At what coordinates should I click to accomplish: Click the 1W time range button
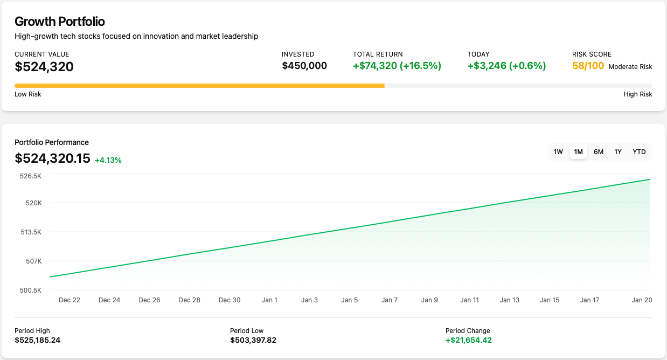coord(558,152)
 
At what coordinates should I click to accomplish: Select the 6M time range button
coord(599,152)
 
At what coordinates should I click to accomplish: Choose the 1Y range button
coord(618,152)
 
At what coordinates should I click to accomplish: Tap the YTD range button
coord(639,152)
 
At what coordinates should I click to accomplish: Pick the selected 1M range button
coord(579,152)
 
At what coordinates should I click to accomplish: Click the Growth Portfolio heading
coord(59,22)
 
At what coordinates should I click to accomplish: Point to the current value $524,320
coord(44,67)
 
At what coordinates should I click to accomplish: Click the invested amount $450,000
coord(304,66)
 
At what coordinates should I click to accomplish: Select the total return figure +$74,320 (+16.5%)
coord(397,66)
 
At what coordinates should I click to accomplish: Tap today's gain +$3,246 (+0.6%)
coord(506,66)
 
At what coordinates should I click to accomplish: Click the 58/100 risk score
coord(588,66)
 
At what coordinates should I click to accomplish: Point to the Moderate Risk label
coord(630,67)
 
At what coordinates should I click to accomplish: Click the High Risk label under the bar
coord(638,94)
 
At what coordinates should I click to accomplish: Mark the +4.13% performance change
coord(108,160)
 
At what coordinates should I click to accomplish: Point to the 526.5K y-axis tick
coord(30,176)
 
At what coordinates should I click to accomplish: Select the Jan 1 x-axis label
coord(269,300)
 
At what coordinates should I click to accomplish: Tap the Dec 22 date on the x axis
coord(70,300)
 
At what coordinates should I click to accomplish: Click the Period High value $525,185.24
coord(38,340)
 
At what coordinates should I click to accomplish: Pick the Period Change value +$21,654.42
coord(469,340)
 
